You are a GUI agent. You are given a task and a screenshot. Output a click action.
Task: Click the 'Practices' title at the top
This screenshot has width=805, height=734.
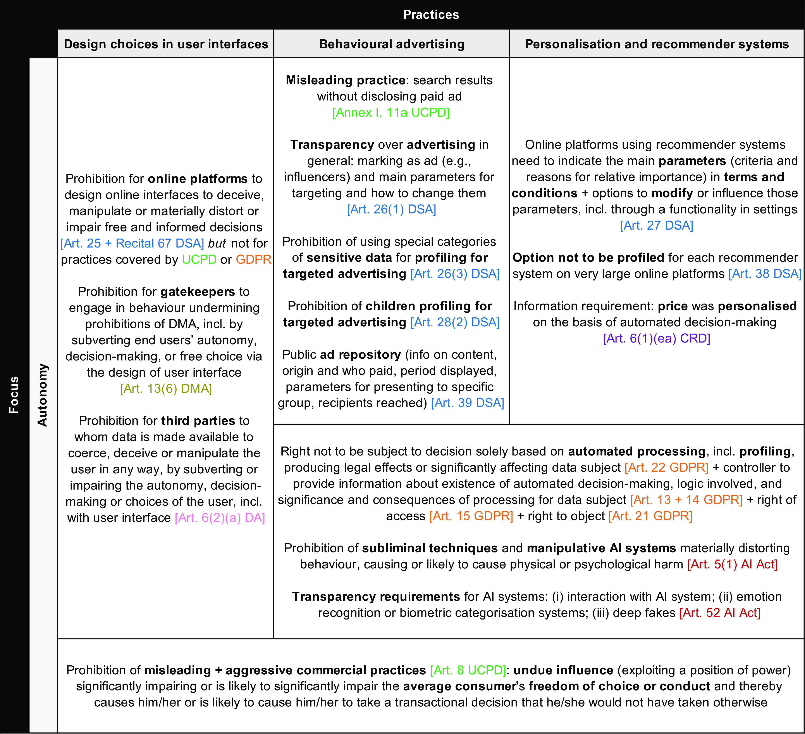(x=431, y=15)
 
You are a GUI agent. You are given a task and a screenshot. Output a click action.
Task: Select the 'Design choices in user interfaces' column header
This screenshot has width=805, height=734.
(x=166, y=44)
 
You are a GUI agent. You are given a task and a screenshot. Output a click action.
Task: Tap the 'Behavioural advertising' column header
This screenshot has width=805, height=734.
(x=391, y=44)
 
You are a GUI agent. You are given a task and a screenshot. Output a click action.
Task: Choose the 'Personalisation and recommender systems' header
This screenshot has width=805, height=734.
(x=656, y=44)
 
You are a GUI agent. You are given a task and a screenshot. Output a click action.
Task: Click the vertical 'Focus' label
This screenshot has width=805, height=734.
(x=14, y=395)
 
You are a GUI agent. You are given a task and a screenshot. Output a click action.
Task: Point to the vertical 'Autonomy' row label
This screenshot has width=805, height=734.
(x=42, y=395)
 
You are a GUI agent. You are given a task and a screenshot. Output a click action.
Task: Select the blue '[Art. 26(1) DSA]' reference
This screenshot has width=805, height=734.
(x=391, y=209)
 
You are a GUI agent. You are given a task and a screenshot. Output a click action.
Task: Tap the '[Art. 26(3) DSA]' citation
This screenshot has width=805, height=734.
(x=455, y=274)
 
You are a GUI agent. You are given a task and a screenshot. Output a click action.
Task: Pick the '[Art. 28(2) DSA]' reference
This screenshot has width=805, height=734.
(x=455, y=322)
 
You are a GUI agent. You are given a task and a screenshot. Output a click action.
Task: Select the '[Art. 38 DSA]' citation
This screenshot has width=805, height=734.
(x=765, y=274)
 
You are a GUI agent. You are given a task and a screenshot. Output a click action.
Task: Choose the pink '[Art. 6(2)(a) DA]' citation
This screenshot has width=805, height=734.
(x=220, y=518)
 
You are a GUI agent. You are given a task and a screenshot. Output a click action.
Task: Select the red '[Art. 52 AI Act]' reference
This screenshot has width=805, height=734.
(x=720, y=613)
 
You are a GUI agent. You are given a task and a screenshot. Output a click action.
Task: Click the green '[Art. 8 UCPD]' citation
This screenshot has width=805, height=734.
(x=468, y=670)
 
